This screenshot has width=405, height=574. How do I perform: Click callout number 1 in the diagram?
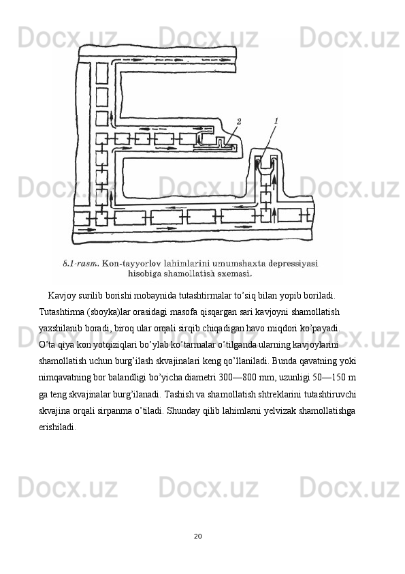[x=276, y=121]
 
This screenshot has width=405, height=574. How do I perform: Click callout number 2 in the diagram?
[x=239, y=121]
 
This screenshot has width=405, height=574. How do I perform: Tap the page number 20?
[x=198, y=537]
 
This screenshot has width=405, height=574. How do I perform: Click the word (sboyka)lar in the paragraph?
[x=104, y=312]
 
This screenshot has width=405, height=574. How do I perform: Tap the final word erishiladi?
[x=58, y=427]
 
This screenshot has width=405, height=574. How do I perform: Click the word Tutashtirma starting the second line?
[x=62, y=312]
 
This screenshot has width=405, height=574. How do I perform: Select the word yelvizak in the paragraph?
[x=285, y=410]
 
